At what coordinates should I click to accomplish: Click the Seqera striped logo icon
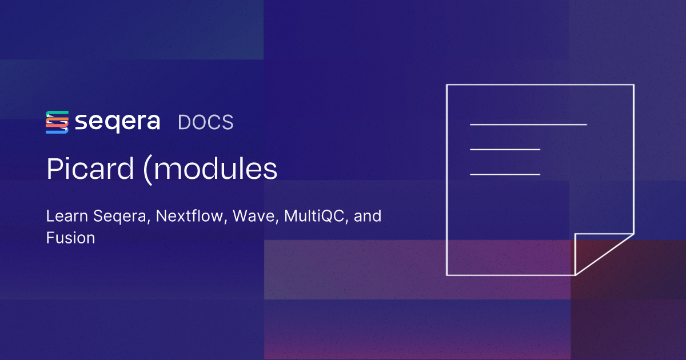pos(57,122)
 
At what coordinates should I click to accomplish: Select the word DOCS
pos(206,122)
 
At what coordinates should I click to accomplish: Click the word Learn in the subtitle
pos(64,217)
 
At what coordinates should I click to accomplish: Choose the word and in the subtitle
pos(368,217)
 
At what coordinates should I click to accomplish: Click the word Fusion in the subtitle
pos(70,238)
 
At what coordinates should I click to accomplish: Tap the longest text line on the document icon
pos(528,124)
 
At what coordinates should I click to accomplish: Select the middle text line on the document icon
pos(505,149)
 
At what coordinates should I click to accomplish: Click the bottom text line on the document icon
pos(505,174)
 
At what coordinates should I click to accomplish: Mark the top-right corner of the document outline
pos(633,85)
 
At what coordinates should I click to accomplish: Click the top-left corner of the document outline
pos(446,85)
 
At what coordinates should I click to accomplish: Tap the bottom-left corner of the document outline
pos(446,275)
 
